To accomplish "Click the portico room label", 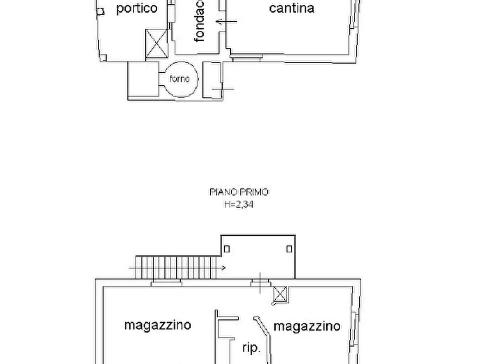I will coord(137,8).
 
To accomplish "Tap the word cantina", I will coord(292,8).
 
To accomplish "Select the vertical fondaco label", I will coord(200,22).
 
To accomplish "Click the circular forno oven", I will coord(179,79).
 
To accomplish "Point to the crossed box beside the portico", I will coord(157,43).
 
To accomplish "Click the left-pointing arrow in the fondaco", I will coord(226,22).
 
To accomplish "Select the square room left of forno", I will coord(143,79).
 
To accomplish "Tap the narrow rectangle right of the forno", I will coord(212,80).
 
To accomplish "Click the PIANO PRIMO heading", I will coord(239,192).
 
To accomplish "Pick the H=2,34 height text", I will coord(239,205).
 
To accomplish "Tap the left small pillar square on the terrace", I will coord(227,249).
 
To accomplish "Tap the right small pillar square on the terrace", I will coord(289,249).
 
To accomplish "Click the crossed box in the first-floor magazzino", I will coord(280,294).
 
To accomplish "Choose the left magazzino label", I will coord(158,325).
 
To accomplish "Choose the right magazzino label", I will coord(307,326).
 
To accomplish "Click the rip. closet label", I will coord(251,348).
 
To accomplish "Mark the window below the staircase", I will coord(167,281).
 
